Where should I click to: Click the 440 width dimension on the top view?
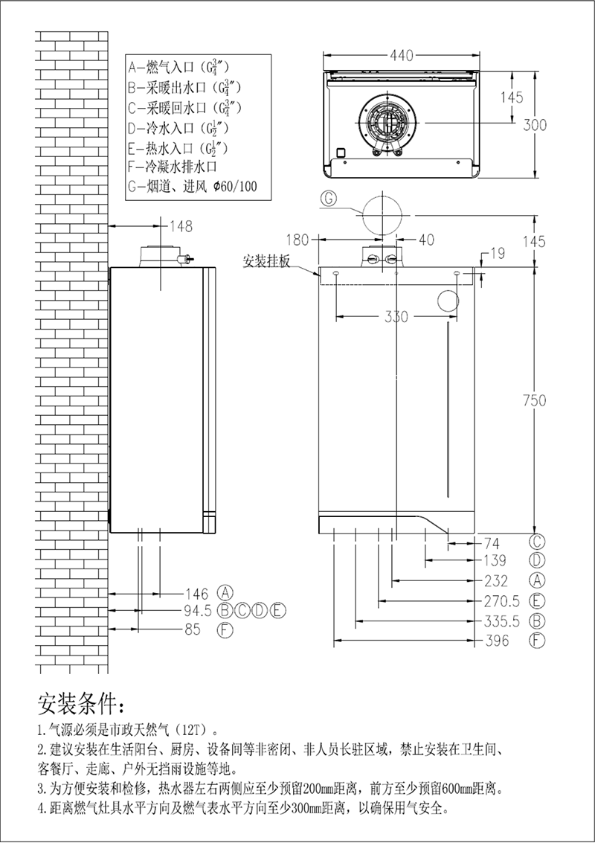point(401,56)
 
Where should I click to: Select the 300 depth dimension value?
point(534,124)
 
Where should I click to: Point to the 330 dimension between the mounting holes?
point(396,317)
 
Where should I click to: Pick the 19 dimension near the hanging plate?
point(497,254)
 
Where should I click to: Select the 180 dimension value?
point(297,240)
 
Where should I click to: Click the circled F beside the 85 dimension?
point(224,630)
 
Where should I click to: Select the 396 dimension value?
point(496,641)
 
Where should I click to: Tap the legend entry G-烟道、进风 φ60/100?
point(193,186)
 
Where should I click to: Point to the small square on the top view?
point(341,153)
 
